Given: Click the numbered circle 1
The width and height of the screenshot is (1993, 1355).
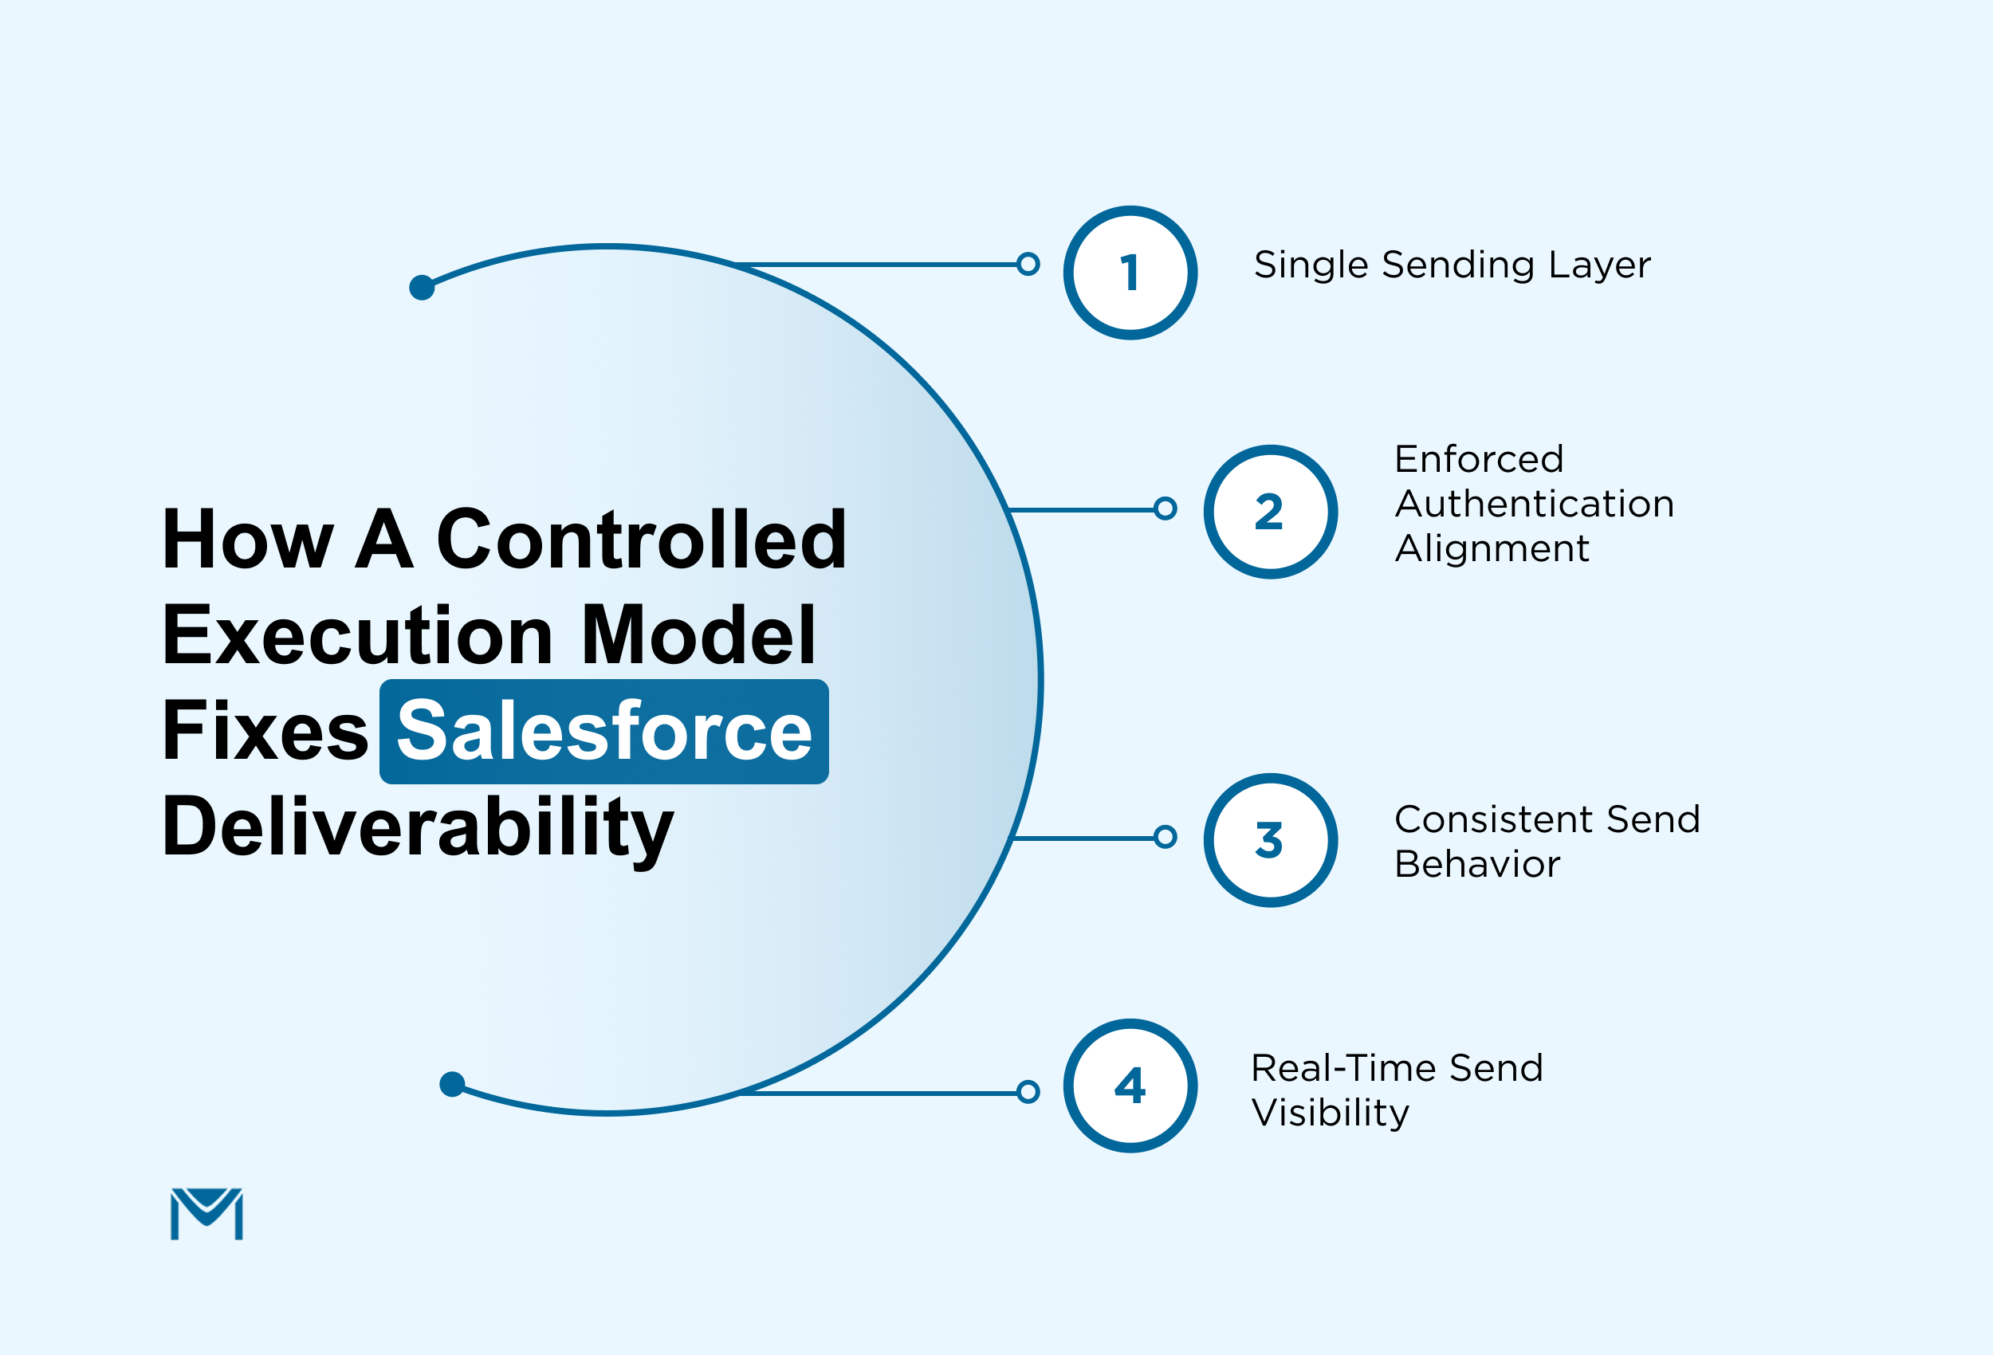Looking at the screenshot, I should (1130, 273).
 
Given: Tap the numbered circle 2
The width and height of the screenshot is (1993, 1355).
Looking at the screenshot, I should (1270, 512).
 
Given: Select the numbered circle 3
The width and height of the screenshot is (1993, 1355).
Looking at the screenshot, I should (1270, 840).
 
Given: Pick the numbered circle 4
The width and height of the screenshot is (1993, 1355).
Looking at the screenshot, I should (1130, 1086).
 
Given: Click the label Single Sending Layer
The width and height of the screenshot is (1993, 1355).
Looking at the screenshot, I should (1451, 264).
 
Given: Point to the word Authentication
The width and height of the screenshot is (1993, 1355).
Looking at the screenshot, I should (1534, 504).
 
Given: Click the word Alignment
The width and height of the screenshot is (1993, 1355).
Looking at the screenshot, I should (1492, 548).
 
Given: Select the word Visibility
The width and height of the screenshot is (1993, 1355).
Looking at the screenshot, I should (1330, 1113).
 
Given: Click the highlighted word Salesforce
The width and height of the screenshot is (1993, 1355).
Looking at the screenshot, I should (603, 732).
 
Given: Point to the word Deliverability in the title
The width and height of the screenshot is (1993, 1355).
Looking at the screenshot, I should (418, 827).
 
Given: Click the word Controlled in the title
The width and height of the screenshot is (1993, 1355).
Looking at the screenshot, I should (642, 540).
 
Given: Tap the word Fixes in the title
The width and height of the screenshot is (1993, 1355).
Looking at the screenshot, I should (265, 732).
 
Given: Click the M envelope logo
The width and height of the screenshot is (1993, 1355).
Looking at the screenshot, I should (206, 1213).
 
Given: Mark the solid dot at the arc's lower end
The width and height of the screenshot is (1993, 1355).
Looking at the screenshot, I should (452, 1084).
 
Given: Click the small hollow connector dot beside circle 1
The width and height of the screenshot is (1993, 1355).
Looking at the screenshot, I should (1028, 264).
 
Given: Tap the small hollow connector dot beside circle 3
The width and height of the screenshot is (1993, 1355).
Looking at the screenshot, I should (1165, 837).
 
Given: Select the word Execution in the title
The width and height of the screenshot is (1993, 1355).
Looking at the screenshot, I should (358, 635).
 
